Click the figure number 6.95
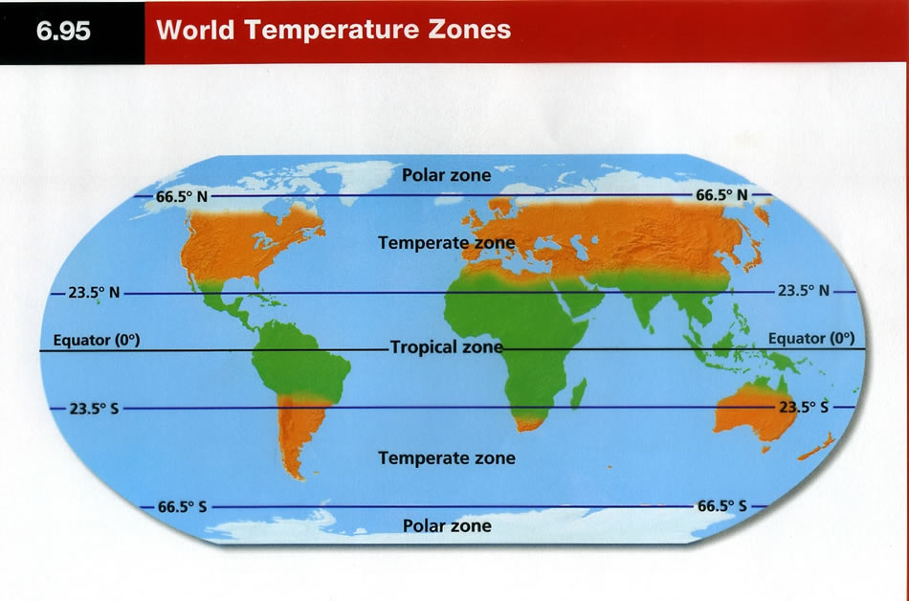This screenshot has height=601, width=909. pyautogui.click(x=63, y=30)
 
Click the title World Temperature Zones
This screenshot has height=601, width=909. pyautogui.click(x=333, y=30)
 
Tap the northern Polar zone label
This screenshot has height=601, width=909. pyautogui.click(x=447, y=175)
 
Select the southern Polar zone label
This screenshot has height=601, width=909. pyautogui.click(x=447, y=525)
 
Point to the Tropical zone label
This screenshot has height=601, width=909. pyautogui.click(x=447, y=347)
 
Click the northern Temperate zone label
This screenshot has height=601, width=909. pyautogui.click(x=447, y=243)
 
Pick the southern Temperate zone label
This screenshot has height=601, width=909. pyautogui.click(x=447, y=457)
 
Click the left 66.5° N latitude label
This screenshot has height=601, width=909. pyautogui.click(x=182, y=197)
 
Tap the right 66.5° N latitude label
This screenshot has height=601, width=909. pyautogui.click(x=721, y=195)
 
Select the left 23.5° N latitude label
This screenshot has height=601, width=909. pyautogui.click(x=94, y=293)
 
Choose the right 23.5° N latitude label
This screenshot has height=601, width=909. pyautogui.click(x=804, y=291)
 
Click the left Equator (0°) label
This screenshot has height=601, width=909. pyautogui.click(x=97, y=340)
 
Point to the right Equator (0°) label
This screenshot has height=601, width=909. pyautogui.click(x=811, y=338)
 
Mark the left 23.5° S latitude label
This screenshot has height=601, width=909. pyautogui.click(x=94, y=409)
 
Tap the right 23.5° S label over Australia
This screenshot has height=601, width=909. pyautogui.click(x=804, y=407)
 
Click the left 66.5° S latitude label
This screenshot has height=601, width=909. pyautogui.click(x=182, y=507)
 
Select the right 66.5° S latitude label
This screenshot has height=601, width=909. pyautogui.click(x=721, y=506)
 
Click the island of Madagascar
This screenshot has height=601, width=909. pyautogui.click(x=579, y=393)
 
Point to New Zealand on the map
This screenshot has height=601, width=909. pyautogui.click(x=818, y=447)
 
